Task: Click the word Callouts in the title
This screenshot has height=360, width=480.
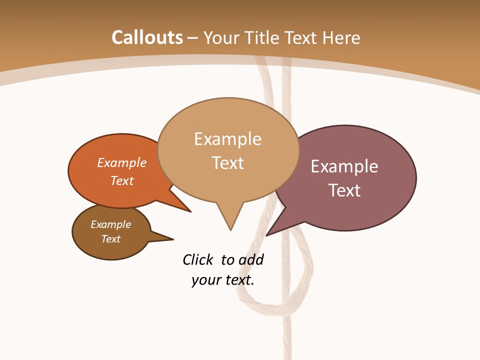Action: [147, 37]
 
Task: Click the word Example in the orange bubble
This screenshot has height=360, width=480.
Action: [122, 162]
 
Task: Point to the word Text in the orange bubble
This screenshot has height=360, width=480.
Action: [122, 180]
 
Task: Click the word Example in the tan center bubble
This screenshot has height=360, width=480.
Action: [227, 138]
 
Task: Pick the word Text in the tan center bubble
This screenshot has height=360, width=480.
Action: [228, 162]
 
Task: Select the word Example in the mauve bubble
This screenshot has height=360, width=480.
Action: [344, 166]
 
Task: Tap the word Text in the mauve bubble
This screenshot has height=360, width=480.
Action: [344, 190]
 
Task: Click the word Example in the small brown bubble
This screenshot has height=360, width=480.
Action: [110, 224]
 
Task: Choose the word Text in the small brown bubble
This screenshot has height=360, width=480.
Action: [110, 238]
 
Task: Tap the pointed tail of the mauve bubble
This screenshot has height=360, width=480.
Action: [267, 234]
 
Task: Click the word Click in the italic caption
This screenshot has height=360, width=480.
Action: [198, 259]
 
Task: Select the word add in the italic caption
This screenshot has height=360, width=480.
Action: [251, 259]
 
